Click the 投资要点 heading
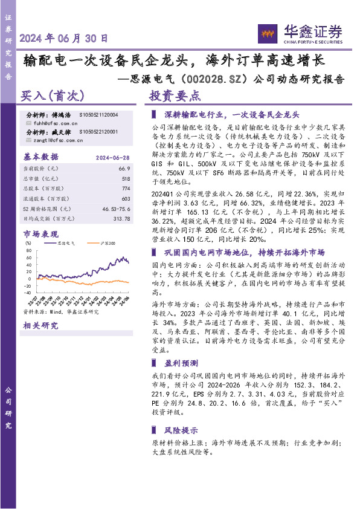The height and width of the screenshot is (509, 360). pyautogui.click(x=175, y=96)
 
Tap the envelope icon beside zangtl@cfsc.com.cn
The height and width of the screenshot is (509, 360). pyautogui.click(x=28, y=140)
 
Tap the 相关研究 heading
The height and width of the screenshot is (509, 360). pyautogui.click(x=40, y=326)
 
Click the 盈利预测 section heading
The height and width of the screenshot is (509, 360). pyautogui.click(x=181, y=363)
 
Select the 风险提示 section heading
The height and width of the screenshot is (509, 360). pyautogui.click(x=181, y=430)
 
